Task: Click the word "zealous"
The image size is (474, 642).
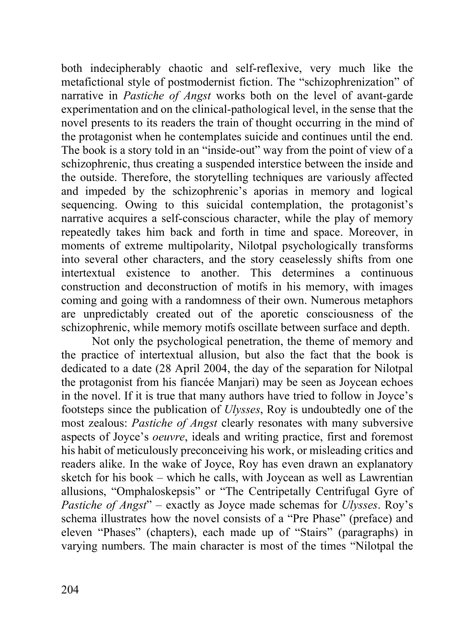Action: pos(108,423)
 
